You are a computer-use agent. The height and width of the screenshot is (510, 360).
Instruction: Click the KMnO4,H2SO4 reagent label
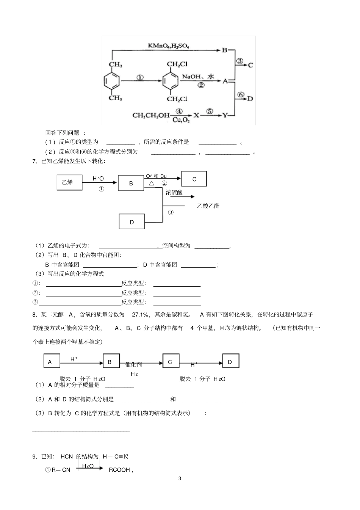click(x=168, y=46)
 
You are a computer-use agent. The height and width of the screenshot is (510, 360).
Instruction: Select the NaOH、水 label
click(x=198, y=77)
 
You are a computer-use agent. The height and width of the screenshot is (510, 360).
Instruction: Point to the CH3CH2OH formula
click(x=151, y=115)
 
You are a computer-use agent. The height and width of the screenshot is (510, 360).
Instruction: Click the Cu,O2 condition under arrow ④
click(x=181, y=120)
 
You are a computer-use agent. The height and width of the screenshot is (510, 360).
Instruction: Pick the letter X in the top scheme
click(x=196, y=115)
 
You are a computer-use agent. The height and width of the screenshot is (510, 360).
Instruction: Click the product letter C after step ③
click(x=250, y=65)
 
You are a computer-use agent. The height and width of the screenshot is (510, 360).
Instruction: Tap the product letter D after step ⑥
click(x=250, y=99)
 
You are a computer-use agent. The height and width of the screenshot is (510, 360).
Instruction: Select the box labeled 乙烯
click(x=69, y=182)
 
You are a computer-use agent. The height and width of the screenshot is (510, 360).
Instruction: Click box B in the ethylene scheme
click(x=131, y=183)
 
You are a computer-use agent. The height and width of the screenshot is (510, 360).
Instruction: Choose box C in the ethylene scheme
click(x=194, y=179)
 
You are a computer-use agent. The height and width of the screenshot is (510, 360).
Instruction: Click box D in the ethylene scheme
click(x=132, y=222)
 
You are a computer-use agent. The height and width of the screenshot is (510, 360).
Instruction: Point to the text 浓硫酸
click(x=174, y=192)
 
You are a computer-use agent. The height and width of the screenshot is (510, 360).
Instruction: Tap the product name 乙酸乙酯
click(x=208, y=206)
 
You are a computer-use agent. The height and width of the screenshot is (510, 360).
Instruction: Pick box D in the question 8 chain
click(x=230, y=362)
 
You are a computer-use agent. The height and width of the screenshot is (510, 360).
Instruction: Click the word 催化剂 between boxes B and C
click(x=133, y=365)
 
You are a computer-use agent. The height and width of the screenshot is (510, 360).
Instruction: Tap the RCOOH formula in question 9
click(x=119, y=470)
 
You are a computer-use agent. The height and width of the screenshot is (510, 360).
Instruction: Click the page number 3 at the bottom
click(x=180, y=478)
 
